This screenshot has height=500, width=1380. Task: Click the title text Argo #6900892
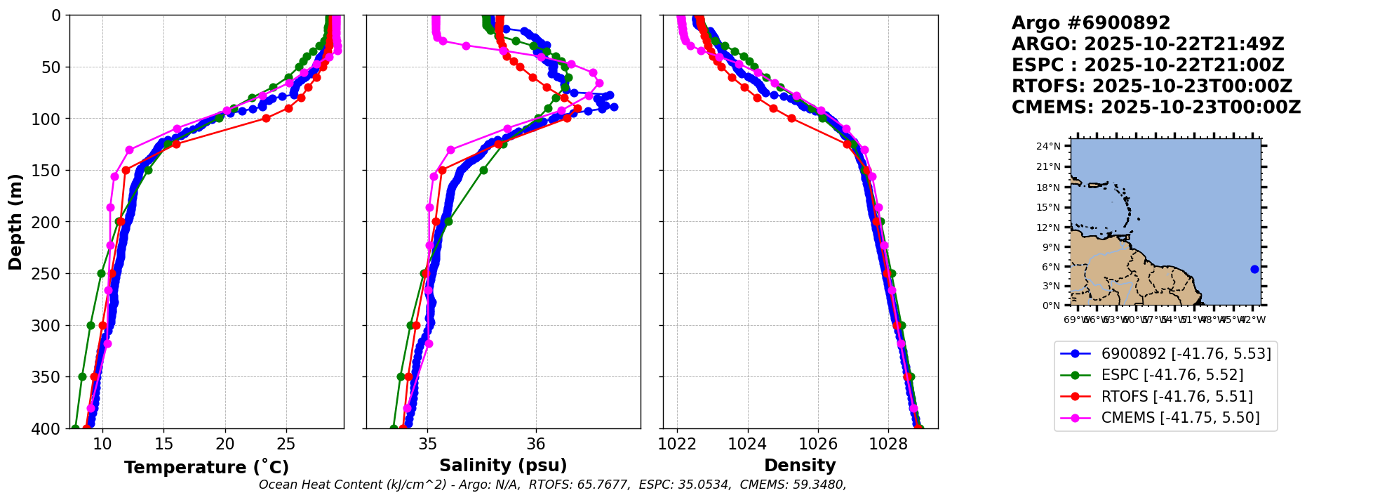coord(1090,23)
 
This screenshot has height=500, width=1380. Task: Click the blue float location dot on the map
coord(1254,269)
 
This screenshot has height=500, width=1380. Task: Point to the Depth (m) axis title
coord(15,221)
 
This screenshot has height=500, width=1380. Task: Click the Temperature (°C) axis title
coord(206,468)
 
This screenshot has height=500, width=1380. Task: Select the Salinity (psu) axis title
coord(503,466)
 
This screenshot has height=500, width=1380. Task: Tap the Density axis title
coord(800,466)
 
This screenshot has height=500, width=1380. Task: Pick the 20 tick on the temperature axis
coord(225,444)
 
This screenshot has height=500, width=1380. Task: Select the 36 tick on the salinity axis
coord(536,444)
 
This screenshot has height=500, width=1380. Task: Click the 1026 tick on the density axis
coord(818,444)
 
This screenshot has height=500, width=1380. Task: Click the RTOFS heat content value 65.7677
coord(605,485)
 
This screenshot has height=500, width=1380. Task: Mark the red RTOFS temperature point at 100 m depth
coord(266,118)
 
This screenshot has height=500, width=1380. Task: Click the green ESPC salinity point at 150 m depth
coord(483,170)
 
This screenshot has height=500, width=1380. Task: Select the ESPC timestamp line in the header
coord(1148,65)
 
